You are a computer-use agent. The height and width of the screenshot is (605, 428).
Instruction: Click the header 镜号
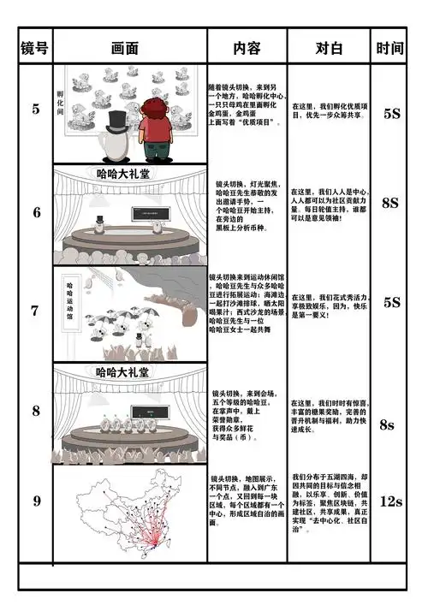34,47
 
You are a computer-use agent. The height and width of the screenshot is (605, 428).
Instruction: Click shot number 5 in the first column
35,109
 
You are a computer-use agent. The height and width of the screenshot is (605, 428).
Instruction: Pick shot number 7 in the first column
35,311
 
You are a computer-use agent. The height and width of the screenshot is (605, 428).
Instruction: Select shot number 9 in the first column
35,501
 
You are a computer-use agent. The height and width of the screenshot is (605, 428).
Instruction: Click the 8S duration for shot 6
390,203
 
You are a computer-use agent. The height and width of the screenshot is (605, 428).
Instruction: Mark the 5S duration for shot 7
391,302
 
